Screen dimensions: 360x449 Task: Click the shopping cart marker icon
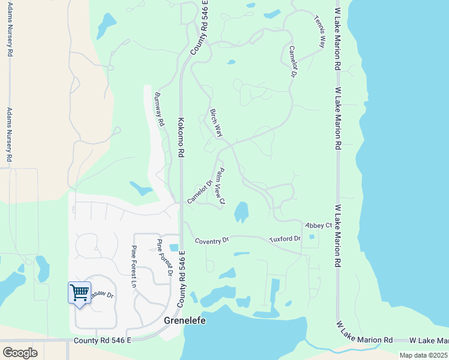point(79,293)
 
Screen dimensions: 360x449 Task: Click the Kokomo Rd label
point(180,137)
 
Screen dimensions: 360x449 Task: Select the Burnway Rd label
point(159,109)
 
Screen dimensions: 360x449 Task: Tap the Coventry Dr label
point(212,240)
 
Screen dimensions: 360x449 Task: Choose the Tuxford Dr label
point(285,238)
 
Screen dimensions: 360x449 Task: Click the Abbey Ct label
point(318,225)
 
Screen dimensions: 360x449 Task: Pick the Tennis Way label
point(319,31)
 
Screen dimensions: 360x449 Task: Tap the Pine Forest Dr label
point(164,258)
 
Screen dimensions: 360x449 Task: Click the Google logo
point(20,353)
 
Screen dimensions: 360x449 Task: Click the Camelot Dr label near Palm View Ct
point(200,192)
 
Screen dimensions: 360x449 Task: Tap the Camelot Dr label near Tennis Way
point(294,62)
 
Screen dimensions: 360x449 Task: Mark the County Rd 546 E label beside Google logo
point(102,341)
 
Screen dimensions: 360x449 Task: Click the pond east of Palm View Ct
point(241,211)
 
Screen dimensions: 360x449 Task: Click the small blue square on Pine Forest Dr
point(174,248)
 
